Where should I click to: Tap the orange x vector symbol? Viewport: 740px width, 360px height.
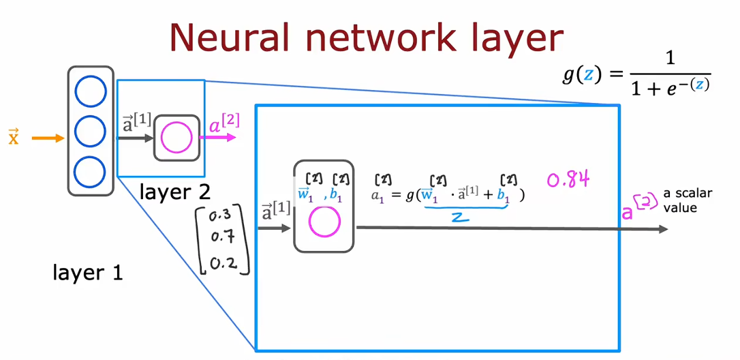point(13,138)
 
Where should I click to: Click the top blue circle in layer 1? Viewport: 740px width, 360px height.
point(91,91)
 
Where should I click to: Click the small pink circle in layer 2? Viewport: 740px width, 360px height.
point(176,138)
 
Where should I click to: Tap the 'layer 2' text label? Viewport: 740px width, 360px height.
point(174,192)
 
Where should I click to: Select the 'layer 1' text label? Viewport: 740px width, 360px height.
point(89,273)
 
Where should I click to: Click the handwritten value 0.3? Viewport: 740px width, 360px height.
point(220,215)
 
